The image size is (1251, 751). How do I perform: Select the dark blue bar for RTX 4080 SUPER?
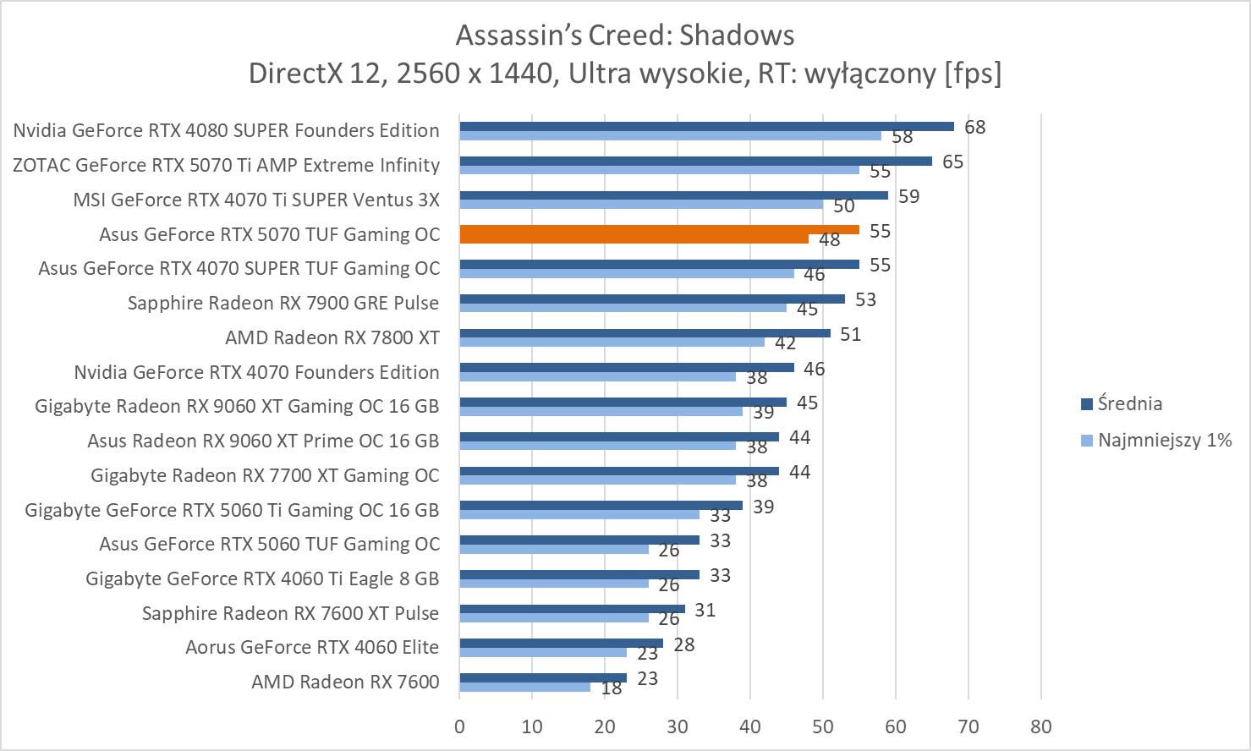point(706,126)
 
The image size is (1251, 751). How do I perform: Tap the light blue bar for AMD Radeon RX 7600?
point(524,687)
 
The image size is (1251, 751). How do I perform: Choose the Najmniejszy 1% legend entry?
point(1164,440)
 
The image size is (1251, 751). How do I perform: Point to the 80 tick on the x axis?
point(1041,726)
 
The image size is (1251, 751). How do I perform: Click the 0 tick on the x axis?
point(459,726)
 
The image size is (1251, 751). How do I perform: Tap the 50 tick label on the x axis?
point(823,726)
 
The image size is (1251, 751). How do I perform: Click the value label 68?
point(974,127)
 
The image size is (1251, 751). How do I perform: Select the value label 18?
point(611,688)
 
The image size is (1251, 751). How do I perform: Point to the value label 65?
point(952,162)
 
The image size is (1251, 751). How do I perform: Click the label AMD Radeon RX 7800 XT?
point(332,337)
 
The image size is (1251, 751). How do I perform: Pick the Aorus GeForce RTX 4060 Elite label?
point(312,647)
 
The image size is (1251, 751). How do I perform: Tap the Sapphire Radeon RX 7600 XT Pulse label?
point(290,613)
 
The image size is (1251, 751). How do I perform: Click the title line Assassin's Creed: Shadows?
point(625,35)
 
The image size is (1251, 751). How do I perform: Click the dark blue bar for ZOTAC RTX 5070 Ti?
point(695,161)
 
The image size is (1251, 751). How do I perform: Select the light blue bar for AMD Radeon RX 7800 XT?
point(612,342)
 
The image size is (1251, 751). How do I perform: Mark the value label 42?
point(785,343)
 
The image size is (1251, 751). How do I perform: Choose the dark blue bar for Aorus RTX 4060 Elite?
point(561,643)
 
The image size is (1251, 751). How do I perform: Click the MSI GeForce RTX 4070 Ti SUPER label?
point(256,200)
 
